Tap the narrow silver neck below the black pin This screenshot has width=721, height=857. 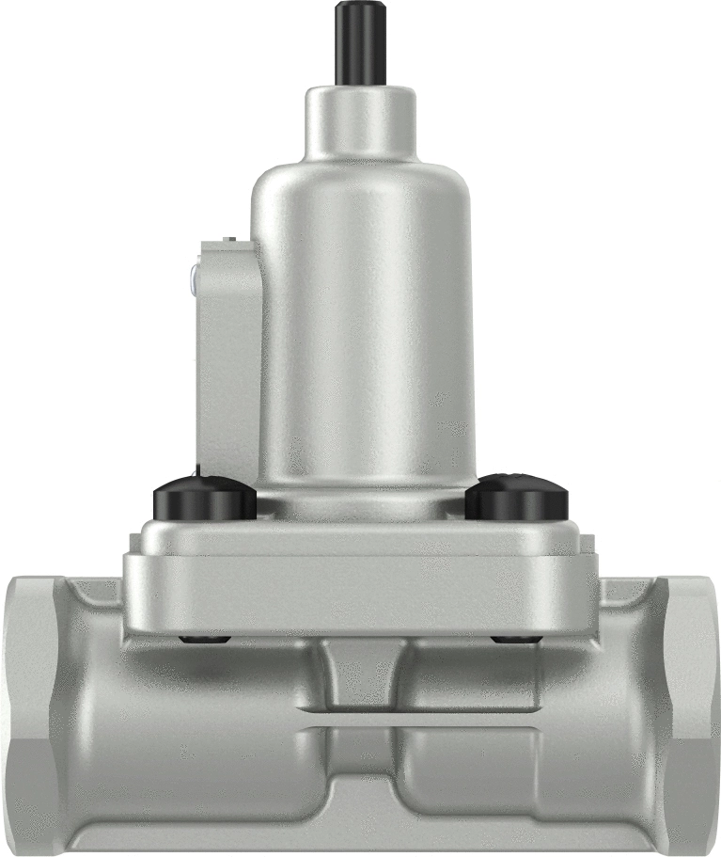tap(361, 122)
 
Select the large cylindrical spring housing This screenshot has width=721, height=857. tap(361, 320)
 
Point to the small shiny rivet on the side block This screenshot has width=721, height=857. tap(192, 277)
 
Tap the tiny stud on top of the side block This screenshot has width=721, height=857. tap(228, 241)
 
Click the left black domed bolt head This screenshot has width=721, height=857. tap(205, 500)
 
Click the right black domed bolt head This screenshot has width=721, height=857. tap(516, 500)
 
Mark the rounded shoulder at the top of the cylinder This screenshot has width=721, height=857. tap(361, 174)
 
